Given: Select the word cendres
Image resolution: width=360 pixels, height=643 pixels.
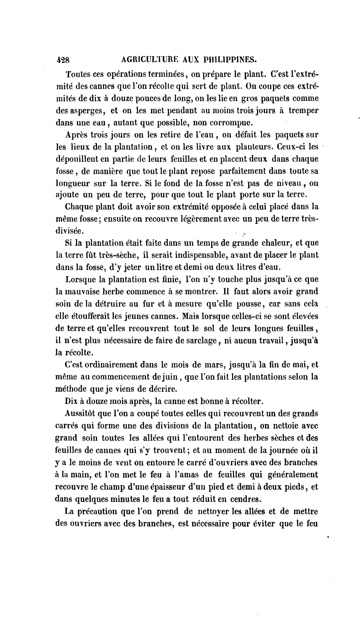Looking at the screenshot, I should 245,500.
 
